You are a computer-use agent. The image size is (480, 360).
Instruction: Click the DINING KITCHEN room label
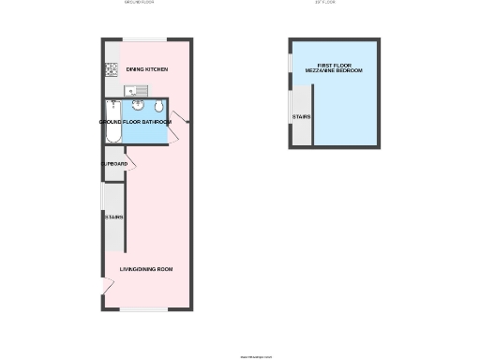[147, 69]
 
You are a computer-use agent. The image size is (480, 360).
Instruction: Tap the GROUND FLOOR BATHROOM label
[135, 122]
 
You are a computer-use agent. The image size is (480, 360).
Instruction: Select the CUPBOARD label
[113, 164]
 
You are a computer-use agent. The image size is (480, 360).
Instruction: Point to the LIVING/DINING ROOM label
[146, 270]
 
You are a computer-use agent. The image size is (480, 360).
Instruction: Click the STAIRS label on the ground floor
[113, 217]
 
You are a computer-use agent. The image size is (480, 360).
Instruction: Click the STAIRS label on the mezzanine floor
[301, 117]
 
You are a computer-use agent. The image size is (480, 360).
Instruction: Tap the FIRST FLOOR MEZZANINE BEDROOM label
[334, 69]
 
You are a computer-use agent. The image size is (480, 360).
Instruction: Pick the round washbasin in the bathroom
[137, 106]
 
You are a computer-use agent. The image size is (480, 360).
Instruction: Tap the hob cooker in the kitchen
[110, 68]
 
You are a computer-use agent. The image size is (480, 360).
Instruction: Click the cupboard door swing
[131, 165]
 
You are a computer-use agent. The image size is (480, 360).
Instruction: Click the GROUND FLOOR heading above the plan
[139, 4]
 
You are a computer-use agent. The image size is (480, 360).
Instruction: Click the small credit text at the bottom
[255, 356]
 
